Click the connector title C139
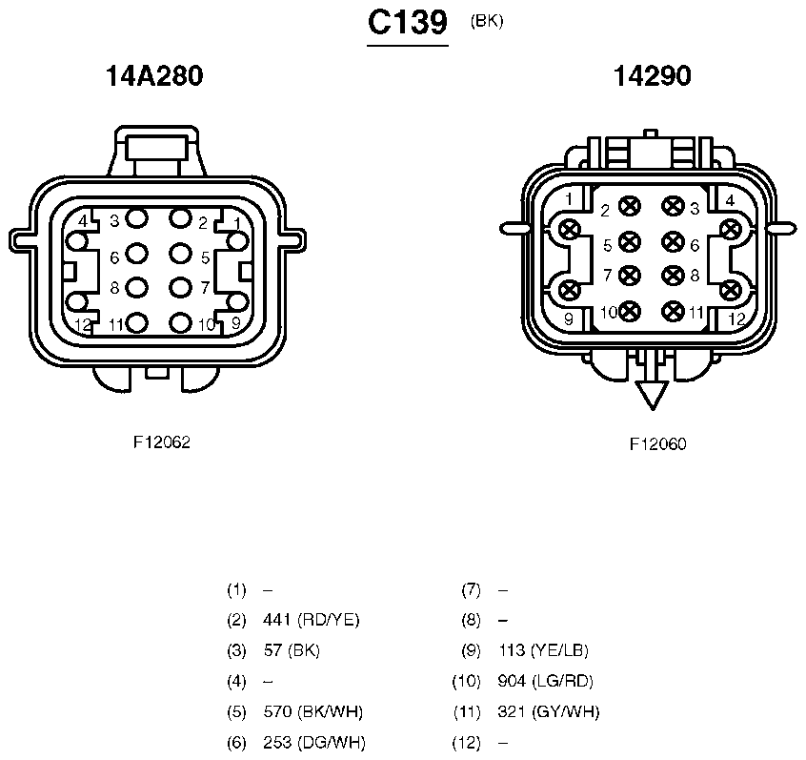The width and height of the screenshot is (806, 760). pos(408,23)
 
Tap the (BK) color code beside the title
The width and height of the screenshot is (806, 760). pos(486,21)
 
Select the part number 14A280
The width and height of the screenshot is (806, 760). pos(154,75)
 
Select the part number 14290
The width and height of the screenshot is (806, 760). pos(653,75)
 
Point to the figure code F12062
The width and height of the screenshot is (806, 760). pos(162,442)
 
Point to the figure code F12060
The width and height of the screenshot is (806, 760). pos(658,443)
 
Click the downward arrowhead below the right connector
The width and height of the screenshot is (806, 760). pos(653,395)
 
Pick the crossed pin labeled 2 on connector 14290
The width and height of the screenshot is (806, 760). pos(630,207)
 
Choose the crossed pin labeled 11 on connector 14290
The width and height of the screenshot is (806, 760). pos(673,311)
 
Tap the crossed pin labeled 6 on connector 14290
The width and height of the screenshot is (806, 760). pos(673,242)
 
